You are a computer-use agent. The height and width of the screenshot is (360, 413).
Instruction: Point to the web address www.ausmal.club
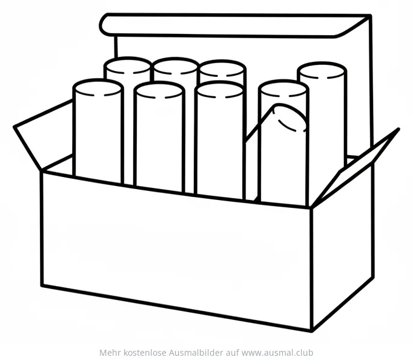277,352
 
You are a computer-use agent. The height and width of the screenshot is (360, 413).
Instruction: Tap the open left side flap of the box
44,135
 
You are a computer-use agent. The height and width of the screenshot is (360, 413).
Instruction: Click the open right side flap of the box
355,168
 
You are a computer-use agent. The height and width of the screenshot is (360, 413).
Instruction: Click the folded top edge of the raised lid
234,25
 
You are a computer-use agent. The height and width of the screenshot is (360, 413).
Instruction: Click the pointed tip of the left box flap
14,127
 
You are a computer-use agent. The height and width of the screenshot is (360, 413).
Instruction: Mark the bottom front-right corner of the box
312,331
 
